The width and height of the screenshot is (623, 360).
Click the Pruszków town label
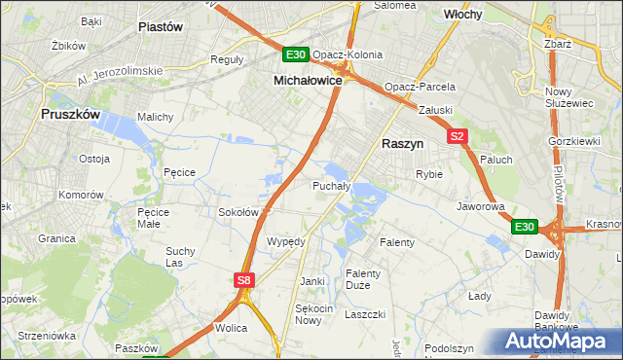(x=70, y=114)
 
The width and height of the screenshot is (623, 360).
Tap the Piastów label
(x=162, y=27)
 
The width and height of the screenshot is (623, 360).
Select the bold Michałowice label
(x=307, y=81)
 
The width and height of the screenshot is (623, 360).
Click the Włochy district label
(x=463, y=16)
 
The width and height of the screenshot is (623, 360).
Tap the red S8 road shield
(x=245, y=280)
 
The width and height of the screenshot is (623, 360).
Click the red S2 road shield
(x=458, y=137)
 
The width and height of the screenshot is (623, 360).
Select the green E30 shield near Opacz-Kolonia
(x=296, y=54)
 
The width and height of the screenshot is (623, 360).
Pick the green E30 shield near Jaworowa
(x=525, y=227)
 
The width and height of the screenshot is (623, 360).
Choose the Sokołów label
(x=238, y=212)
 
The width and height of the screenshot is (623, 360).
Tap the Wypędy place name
(x=286, y=241)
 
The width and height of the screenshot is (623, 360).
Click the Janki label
(x=311, y=281)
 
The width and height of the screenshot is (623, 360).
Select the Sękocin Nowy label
(x=309, y=314)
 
